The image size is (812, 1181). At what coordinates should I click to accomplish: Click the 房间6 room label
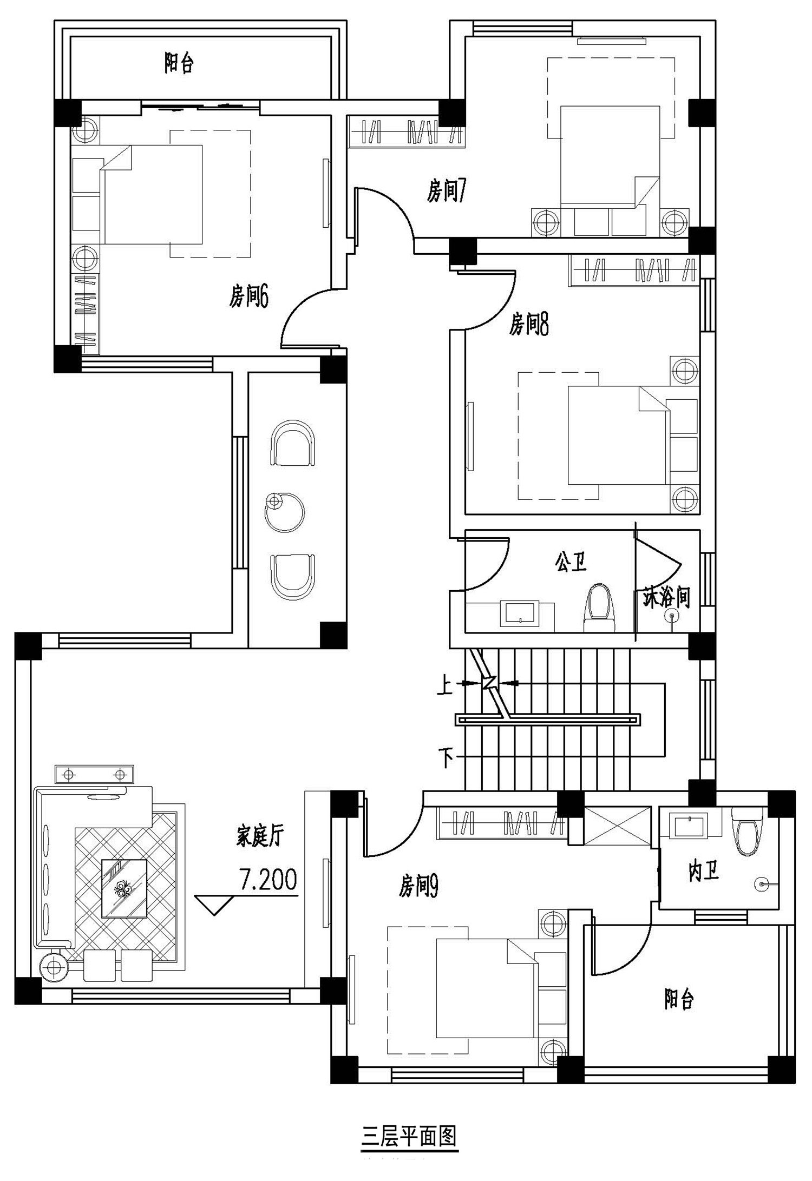click(x=248, y=296)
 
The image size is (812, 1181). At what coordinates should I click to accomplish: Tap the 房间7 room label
click(x=447, y=191)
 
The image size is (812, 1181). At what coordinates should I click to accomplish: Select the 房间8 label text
click(x=529, y=325)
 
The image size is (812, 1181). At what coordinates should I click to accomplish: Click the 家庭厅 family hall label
click(x=260, y=836)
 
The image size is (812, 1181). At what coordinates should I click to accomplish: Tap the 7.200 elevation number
click(x=269, y=880)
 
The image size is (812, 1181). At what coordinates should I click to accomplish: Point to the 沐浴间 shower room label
click(x=666, y=597)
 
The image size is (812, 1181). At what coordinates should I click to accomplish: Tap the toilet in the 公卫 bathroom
click(x=600, y=608)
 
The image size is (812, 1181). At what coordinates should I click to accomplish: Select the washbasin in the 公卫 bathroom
click(x=520, y=613)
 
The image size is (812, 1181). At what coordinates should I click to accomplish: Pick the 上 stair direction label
click(x=444, y=687)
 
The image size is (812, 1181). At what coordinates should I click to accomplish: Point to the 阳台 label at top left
click(x=179, y=63)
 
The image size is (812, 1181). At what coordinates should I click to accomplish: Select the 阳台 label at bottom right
click(x=679, y=999)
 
